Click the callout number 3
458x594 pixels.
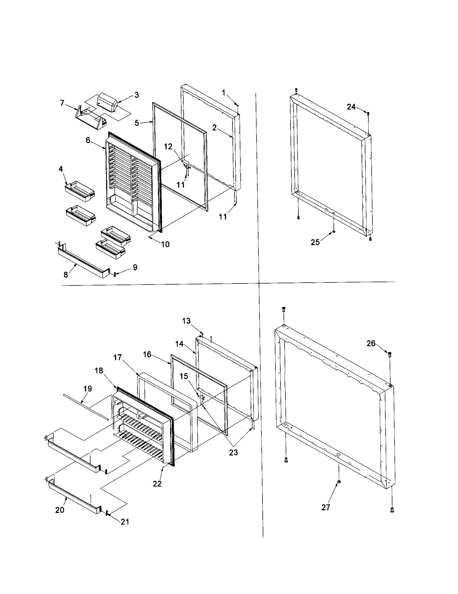(137, 95)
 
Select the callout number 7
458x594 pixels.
(62, 103)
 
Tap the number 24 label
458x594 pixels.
(351, 107)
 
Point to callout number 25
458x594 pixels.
(315, 242)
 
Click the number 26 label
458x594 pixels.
(371, 343)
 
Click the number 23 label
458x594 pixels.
(233, 452)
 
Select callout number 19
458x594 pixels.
(88, 389)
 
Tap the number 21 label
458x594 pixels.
(125, 522)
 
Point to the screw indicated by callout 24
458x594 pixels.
(368, 113)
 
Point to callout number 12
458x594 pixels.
(168, 147)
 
